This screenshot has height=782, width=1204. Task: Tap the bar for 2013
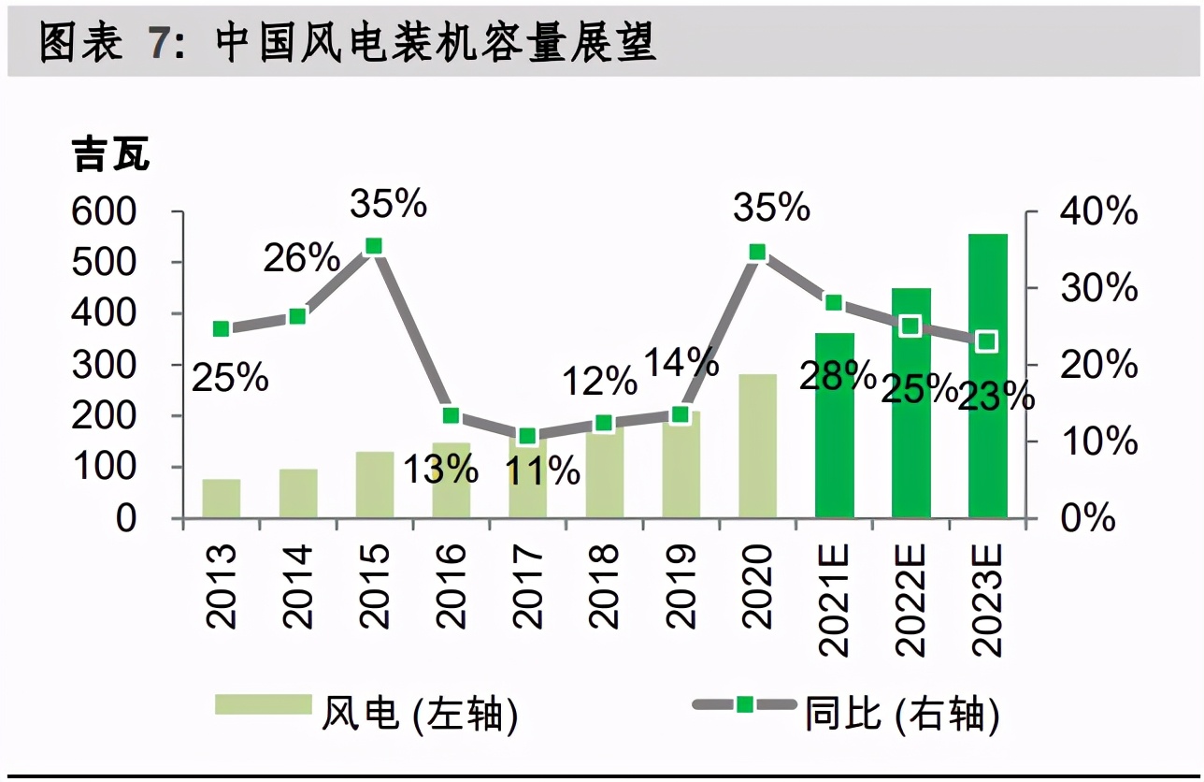[x=222, y=499]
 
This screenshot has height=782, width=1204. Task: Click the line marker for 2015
[x=374, y=246]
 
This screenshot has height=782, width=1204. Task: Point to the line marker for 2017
[x=527, y=436]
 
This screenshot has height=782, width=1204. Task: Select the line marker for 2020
[x=758, y=252]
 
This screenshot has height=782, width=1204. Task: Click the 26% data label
[x=301, y=258]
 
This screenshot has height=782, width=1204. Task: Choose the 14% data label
[x=681, y=361]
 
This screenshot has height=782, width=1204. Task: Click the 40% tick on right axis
[x=1099, y=212]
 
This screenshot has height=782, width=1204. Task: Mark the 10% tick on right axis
[x=1099, y=442]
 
